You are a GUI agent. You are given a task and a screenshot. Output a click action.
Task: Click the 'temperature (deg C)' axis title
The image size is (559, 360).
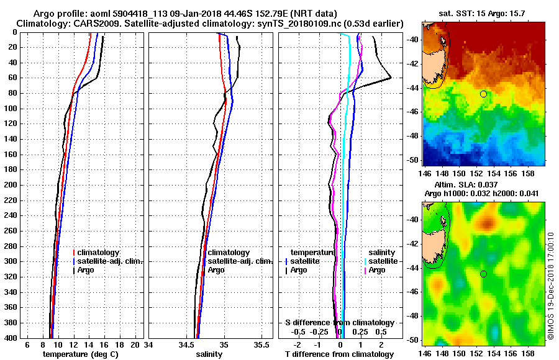point(80,354)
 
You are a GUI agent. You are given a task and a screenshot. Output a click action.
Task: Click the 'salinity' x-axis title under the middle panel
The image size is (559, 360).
point(209,354)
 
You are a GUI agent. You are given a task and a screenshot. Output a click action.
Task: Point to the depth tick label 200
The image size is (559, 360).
point(11,185)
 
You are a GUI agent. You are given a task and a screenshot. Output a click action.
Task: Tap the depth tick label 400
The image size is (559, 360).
point(11,338)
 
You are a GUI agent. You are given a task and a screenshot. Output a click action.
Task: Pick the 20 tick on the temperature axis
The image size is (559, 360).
point(136,344)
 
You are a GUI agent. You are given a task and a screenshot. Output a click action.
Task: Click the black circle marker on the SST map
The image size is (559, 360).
point(483,94)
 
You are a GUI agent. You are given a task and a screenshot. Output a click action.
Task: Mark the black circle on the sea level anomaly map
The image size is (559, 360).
point(483,274)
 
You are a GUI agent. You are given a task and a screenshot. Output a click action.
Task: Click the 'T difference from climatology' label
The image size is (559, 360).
point(339,354)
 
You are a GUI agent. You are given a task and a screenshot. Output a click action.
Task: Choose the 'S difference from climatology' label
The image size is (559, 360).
point(340,323)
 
